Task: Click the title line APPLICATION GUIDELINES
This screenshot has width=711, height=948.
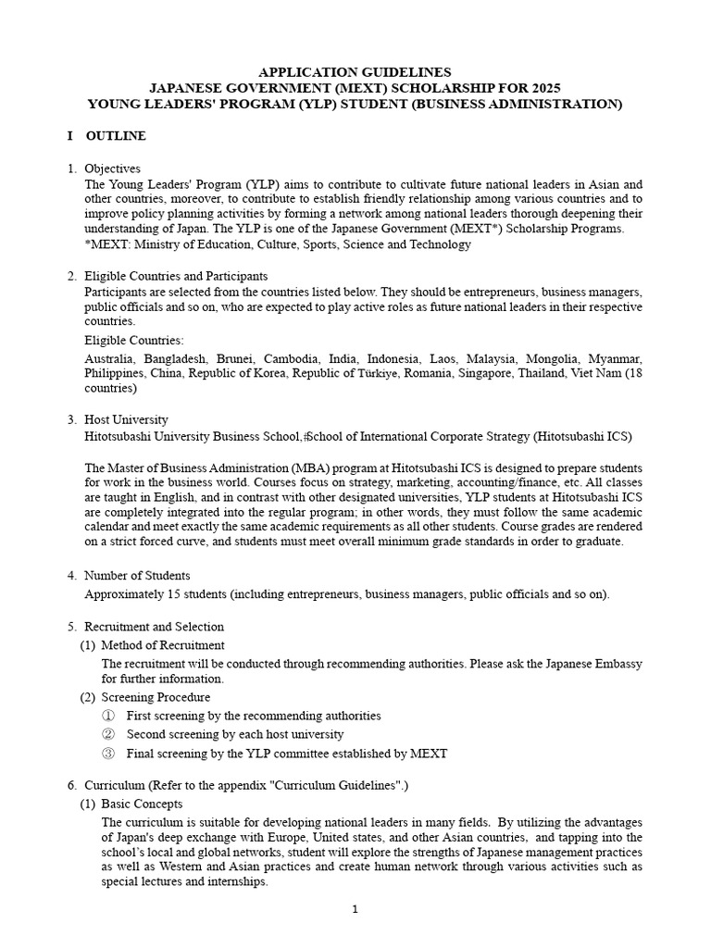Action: click(355, 71)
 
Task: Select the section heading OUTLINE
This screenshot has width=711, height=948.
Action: click(116, 136)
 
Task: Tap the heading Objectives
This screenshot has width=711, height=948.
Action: click(112, 168)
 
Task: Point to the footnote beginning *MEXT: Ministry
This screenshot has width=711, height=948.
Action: click(278, 244)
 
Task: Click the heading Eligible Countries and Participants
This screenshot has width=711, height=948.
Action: click(176, 276)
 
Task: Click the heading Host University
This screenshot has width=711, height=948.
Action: click(126, 419)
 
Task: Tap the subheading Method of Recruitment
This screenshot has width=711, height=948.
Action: click(163, 645)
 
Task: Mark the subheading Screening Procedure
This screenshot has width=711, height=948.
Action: click(156, 697)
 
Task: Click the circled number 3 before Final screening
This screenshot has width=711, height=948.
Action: click(108, 754)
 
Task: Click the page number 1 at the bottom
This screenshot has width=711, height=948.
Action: click(355, 909)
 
